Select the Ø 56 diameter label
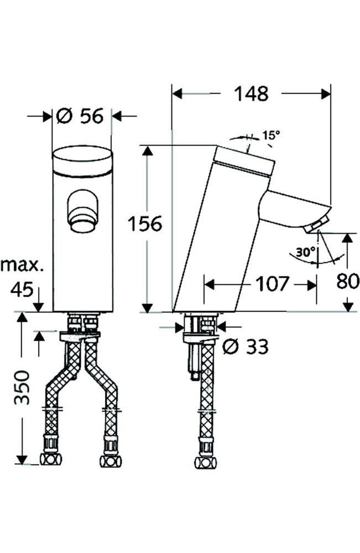pos(81,116)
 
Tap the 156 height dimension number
pos(144,225)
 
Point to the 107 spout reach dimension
pos(271,284)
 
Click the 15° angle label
pos(271,135)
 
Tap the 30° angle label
pos(304,252)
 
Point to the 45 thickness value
pos(22,289)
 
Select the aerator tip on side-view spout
pos(314,226)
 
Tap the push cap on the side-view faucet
pos(244,161)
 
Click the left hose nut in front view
pos(51,459)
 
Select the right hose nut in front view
pos(110,460)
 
